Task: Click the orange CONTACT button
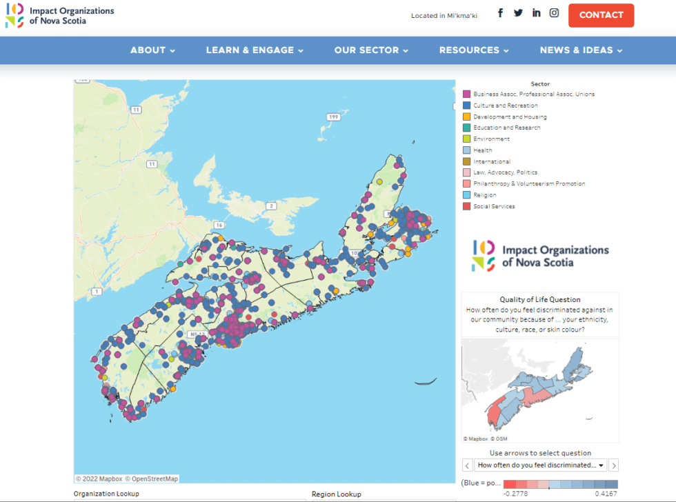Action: (601, 15)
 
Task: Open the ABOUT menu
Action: (152, 50)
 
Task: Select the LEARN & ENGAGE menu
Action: (255, 50)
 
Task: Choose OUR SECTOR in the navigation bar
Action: (371, 50)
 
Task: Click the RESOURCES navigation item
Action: (474, 50)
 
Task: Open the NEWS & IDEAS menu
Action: (581, 50)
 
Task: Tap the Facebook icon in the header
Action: (501, 13)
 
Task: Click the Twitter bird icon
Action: (518, 13)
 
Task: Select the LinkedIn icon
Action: (536, 13)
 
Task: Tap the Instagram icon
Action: (554, 13)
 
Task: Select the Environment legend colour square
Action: (467, 139)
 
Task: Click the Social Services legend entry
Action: (494, 206)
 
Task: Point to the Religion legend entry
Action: (484, 195)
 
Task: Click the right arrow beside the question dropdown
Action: (614, 465)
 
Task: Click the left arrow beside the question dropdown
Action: (467, 465)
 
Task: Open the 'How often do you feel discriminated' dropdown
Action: (541, 465)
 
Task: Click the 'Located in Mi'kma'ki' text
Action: (444, 15)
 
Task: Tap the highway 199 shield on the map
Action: (334, 117)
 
